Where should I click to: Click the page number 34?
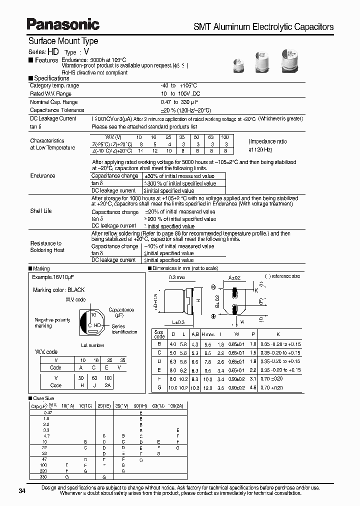click(x=21, y=491)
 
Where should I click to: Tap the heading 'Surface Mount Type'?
click(x=63, y=41)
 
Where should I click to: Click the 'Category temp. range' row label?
click(x=54, y=86)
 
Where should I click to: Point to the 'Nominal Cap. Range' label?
click(x=54, y=102)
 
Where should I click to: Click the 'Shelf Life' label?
click(x=40, y=211)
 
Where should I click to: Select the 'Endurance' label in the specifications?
click(x=42, y=176)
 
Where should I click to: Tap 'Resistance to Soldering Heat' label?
click(x=47, y=246)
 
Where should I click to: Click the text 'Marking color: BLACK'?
click(x=58, y=290)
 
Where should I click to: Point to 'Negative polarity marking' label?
click(x=52, y=322)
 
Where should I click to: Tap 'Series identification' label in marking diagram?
click(x=124, y=329)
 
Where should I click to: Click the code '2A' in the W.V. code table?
click(x=108, y=385)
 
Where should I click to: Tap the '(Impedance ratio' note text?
click(x=268, y=142)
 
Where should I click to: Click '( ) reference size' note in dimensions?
click(x=282, y=276)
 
